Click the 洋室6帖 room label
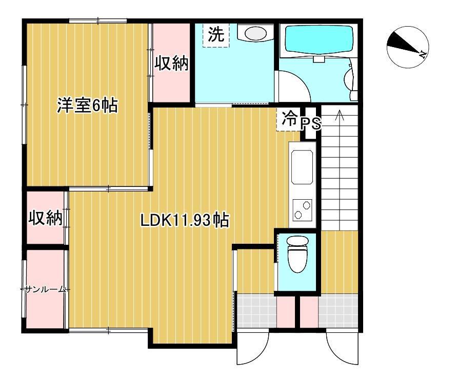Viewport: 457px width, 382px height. tap(87, 105)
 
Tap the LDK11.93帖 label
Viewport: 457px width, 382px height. tap(185, 220)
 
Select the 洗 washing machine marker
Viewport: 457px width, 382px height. tap(216, 35)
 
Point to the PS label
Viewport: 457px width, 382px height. tap(311, 124)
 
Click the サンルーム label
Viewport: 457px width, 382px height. tap(45, 289)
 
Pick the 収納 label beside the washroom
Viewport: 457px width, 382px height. tap(171, 63)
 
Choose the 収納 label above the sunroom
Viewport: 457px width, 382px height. tap(46, 218)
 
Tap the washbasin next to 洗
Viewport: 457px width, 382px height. tap(255, 33)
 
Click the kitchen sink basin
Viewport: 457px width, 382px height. tap(302, 167)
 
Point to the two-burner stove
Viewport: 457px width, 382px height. tap(302, 210)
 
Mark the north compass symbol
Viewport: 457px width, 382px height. tap(408, 47)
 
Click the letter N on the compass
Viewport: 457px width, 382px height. tap(422, 54)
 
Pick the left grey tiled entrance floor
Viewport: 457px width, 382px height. tap(256, 311)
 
